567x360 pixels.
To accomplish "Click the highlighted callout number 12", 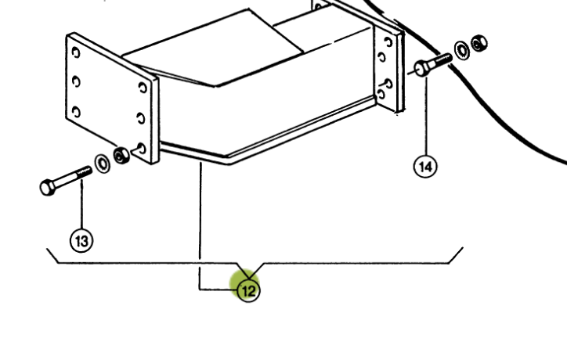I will (x=248, y=290).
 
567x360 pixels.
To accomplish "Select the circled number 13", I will (x=81, y=241).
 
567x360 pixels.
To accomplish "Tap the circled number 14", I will (x=426, y=166).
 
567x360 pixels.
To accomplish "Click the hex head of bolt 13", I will (x=47, y=188).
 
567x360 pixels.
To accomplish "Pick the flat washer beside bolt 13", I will (x=103, y=164).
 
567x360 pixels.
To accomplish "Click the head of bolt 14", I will (x=423, y=68).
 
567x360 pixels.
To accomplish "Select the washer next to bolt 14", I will (x=463, y=49).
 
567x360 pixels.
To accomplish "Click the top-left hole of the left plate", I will (x=75, y=52).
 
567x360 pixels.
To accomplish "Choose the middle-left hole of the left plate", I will (x=75, y=81).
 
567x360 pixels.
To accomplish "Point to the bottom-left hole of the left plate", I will (x=75, y=110).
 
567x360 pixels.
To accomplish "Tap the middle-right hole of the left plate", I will (x=141, y=117).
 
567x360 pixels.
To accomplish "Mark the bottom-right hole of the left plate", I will (x=141, y=146).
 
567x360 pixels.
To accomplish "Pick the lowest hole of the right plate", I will (x=381, y=93).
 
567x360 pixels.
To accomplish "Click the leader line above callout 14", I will (x=426, y=117).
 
